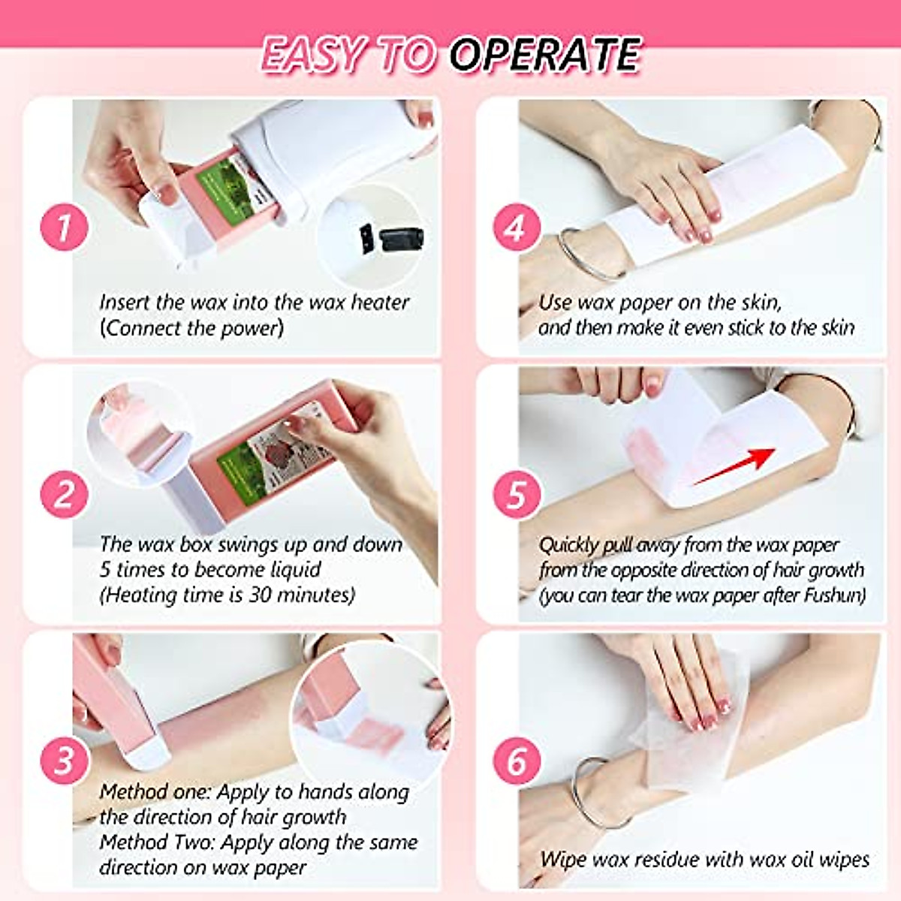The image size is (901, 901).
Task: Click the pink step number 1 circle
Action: (x=64, y=227)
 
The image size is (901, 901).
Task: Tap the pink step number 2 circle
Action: (x=64, y=495)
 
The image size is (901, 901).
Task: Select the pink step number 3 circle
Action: (x=64, y=760)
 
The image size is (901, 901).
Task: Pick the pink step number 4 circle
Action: (x=517, y=227)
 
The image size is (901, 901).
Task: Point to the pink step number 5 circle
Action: (x=517, y=495)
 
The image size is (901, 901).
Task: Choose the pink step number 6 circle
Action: (x=517, y=760)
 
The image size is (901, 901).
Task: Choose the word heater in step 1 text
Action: (x=380, y=303)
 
